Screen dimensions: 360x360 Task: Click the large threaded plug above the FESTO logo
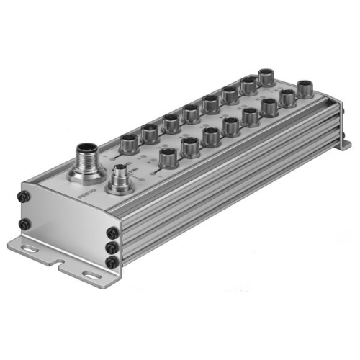tap(85, 159)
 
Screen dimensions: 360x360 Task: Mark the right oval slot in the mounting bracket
tap(91, 275)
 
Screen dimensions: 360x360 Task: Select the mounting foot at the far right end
tap(345, 145)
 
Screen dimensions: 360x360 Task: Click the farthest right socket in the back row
tap(266, 76)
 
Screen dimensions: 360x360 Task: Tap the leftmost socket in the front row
tap(168, 156)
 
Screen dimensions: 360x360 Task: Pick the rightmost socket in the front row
tap(305, 89)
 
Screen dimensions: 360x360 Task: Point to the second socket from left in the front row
tap(190, 146)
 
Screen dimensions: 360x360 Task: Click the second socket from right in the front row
tap(288, 97)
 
